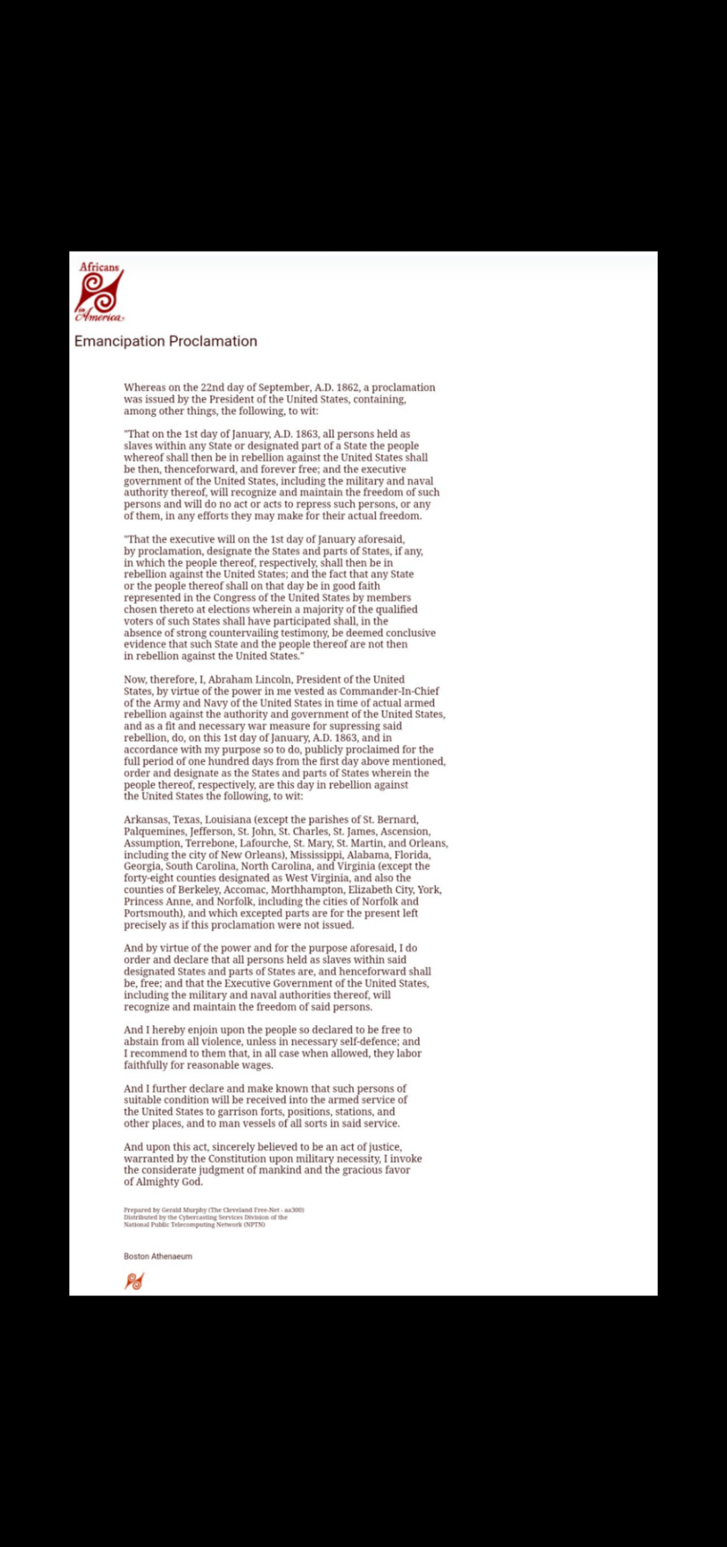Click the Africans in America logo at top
point(100,292)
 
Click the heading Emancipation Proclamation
point(166,341)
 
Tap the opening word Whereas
point(144,387)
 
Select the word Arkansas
point(146,819)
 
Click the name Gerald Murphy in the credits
point(180,1209)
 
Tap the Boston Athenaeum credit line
point(158,1256)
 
